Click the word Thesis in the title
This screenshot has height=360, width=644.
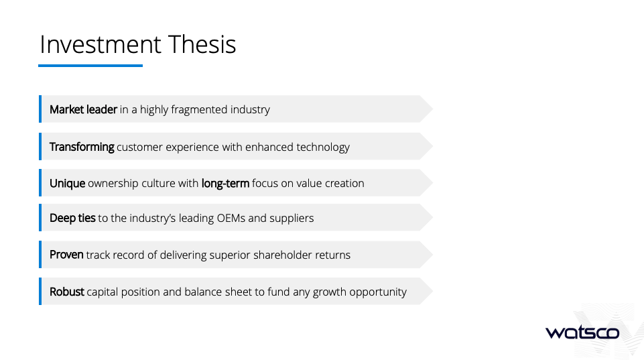pyautogui.click(x=202, y=44)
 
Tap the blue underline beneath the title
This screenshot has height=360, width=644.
pyautogui.click(x=90, y=65)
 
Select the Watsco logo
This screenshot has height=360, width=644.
pyautogui.click(x=582, y=332)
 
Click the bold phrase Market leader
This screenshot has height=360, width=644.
pyautogui.click(x=83, y=109)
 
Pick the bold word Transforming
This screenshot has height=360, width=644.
pyautogui.click(x=82, y=147)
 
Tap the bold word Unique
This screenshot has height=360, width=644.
pyautogui.click(x=68, y=183)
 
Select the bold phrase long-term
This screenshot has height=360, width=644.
pyautogui.click(x=225, y=183)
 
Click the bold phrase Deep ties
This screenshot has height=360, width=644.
pyautogui.click(x=72, y=219)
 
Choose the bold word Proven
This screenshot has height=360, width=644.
pyautogui.click(x=66, y=255)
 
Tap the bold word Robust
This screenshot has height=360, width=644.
pyautogui.click(x=67, y=292)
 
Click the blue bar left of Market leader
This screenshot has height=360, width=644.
pyautogui.click(x=40, y=109)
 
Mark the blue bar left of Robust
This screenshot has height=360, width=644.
pyautogui.click(x=40, y=292)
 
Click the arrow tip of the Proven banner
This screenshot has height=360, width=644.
pyautogui.click(x=433, y=255)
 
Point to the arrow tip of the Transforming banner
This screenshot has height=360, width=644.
pyautogui.click(x=433, y=146)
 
